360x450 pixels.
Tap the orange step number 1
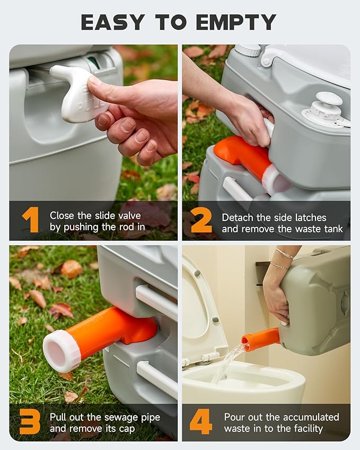click(31, 220)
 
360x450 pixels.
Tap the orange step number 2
click(201, 220)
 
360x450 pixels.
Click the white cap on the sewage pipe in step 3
click(61, 350)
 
